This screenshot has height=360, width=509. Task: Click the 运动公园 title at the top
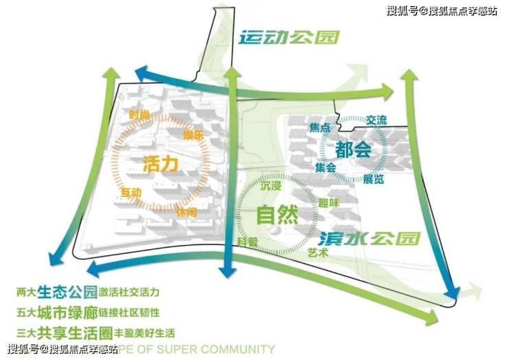coord(289,37)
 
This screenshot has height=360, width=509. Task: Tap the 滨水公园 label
coord(369,239)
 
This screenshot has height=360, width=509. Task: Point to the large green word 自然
coord(277,215)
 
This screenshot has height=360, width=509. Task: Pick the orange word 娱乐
coord(194,135)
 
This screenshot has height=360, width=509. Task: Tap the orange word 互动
coord(131,191)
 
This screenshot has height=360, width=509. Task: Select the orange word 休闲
coord(186,213)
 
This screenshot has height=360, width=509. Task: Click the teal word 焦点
coord(321,128)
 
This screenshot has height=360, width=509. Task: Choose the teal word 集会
coord(325,167)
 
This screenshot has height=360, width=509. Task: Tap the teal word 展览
coord(373,179)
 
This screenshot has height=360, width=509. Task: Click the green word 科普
coord(248,242)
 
